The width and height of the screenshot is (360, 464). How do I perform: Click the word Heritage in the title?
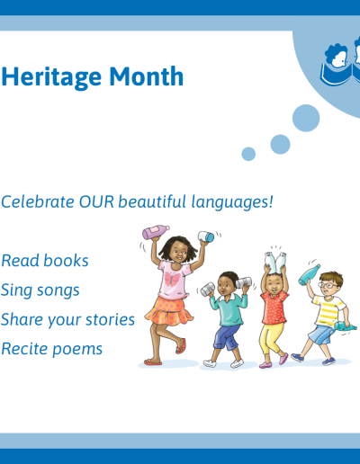point(51,77)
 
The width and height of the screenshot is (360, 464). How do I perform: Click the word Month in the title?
point(146,76)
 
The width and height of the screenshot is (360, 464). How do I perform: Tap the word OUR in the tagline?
point(96,201)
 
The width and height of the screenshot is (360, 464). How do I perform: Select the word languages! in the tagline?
point(232,202)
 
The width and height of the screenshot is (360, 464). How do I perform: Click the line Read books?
point(45,261)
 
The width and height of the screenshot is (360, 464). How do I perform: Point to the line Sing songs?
point(40,290)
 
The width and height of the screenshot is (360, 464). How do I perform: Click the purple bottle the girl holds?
point(156,232)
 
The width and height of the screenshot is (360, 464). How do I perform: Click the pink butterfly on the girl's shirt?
point(172,279)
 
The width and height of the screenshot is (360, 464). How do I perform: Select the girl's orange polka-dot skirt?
point(169,311)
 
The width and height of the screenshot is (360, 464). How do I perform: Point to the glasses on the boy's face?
point(328,285)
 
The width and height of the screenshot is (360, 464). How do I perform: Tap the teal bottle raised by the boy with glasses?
point(309,275)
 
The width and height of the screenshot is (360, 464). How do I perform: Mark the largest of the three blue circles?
point(306,118)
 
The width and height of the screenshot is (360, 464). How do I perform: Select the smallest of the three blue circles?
point(248,154)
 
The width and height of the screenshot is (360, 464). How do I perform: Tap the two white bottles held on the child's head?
point(275,263)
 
